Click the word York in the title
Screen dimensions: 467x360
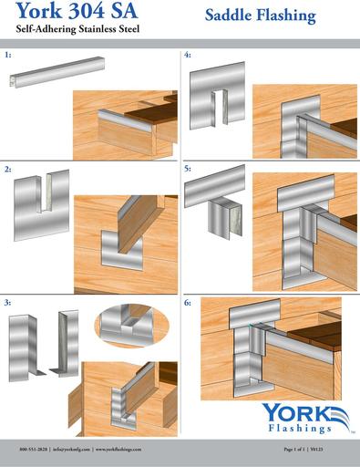(x=34, y=13)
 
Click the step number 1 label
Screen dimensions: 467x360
(x=8, y=56)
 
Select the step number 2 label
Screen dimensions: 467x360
(x=8, y=170)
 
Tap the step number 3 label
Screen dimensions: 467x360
(x=8, y=300)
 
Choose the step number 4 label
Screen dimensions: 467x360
(x=188, y=56)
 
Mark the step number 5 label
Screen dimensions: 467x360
(x=188, y=170)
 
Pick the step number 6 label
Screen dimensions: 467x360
(x=188, y=300)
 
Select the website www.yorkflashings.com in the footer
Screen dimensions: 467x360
(x=128, y=451)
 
